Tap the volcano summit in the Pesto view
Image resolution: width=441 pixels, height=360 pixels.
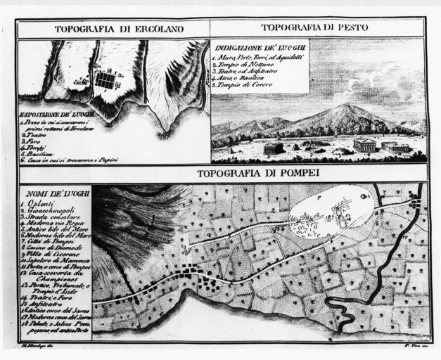[x=345, y=107]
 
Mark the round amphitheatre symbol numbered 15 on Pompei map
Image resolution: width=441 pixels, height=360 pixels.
[x=364, y=198]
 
